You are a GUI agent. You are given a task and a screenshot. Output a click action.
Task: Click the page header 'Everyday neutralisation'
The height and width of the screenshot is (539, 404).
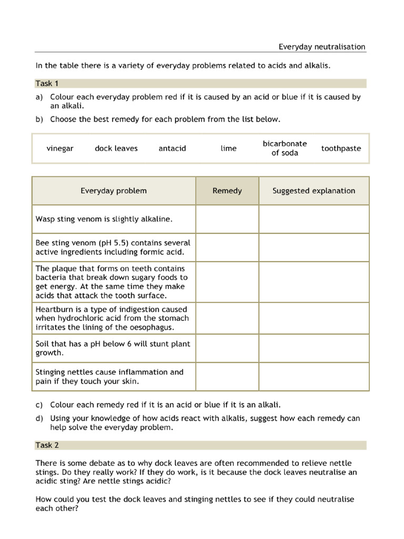321,47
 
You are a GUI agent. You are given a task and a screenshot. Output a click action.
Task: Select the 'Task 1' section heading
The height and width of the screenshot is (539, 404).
47,83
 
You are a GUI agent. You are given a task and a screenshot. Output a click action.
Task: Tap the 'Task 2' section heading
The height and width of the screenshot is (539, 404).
47,445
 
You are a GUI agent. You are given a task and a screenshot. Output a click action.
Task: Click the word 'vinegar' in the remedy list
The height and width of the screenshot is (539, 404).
60,148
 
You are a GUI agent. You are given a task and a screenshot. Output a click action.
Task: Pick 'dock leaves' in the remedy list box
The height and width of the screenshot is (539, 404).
116,148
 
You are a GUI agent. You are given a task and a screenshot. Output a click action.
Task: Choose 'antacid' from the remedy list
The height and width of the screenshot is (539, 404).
172,148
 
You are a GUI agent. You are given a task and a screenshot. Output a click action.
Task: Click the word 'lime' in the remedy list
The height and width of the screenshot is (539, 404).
228,148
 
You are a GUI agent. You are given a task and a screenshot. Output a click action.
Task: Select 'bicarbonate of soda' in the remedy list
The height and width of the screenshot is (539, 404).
285,148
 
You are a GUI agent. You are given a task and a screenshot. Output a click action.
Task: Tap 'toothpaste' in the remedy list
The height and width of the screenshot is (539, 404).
341,148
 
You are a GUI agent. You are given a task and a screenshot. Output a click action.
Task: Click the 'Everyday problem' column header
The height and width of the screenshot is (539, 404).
114,191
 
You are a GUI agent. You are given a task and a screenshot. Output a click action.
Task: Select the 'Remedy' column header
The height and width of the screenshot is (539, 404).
227,191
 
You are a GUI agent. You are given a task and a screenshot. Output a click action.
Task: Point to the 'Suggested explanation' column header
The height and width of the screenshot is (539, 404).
314,191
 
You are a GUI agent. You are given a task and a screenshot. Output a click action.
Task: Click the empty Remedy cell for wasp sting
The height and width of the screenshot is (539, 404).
227,219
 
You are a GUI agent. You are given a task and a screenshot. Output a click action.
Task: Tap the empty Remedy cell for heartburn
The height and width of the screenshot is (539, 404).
227,318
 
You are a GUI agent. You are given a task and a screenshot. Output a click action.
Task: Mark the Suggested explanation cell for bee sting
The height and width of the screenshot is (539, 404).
314,247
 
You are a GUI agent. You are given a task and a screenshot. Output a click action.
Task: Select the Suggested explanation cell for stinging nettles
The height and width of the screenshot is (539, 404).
314,376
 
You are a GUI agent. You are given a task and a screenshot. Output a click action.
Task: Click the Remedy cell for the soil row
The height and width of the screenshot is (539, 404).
227,348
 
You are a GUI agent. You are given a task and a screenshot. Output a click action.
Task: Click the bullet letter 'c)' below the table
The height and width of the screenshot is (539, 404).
39,405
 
